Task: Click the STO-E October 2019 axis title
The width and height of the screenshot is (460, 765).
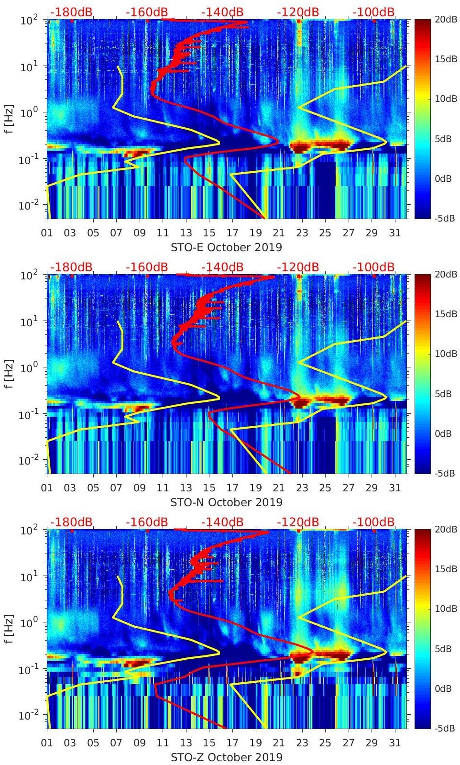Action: pos(226,247)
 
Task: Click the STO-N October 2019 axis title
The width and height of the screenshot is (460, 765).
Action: pos(226,502)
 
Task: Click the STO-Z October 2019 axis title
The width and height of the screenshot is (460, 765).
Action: pos(226,757)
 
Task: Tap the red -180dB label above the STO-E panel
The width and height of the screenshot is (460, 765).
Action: pos(71,12)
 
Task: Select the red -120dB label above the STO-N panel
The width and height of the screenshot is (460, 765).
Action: pos(298,267)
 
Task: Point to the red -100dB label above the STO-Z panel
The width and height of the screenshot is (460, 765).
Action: pos(373,522)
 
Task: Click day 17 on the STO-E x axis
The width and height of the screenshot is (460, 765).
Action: pos(232,233)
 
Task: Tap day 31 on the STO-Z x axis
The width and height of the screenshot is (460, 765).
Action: pos(394,743)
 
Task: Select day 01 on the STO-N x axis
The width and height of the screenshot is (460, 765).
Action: pos(47,488)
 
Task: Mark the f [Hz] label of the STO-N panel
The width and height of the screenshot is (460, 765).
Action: pos(8,374)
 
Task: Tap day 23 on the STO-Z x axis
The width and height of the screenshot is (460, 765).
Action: pos(302,743)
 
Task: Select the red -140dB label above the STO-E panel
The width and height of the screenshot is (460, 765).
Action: pos(222,12)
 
